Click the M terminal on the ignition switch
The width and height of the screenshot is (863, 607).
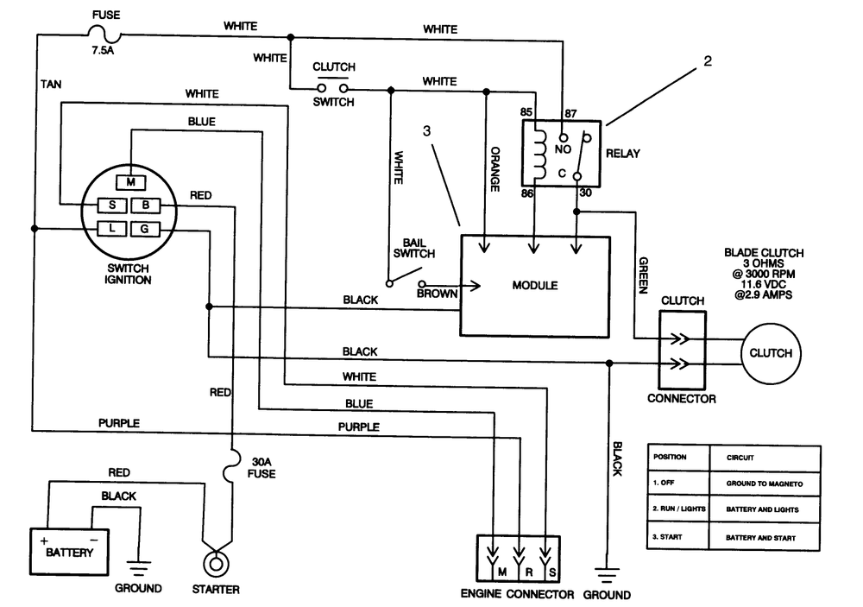pos(130,182)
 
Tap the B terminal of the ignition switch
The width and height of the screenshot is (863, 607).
pos(145,205)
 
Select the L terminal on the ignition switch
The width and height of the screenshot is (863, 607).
pos(112,228)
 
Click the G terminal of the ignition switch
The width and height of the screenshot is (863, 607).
pos(145,229)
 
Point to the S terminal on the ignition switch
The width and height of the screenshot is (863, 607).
pos(112,205)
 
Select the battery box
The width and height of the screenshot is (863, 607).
pos(69,552)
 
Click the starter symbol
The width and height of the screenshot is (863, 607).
pos(216,564)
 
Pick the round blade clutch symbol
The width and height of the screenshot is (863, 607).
pos(771,353)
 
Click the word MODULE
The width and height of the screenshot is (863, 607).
pos(535,285)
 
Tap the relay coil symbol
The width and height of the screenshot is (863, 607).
pos(540,155)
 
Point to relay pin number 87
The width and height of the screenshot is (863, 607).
pos(570,113)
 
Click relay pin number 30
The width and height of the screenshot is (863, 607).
pos(586,193)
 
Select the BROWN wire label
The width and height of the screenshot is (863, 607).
pos(437,294)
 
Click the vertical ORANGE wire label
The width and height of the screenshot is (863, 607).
pos(494,169)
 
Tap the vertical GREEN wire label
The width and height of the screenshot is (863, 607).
pos(643,275)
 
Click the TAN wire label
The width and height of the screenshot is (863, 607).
pos(51,85)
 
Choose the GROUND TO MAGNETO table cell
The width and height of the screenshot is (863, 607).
pos(765,484)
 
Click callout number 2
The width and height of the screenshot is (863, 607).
pos(708,61)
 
